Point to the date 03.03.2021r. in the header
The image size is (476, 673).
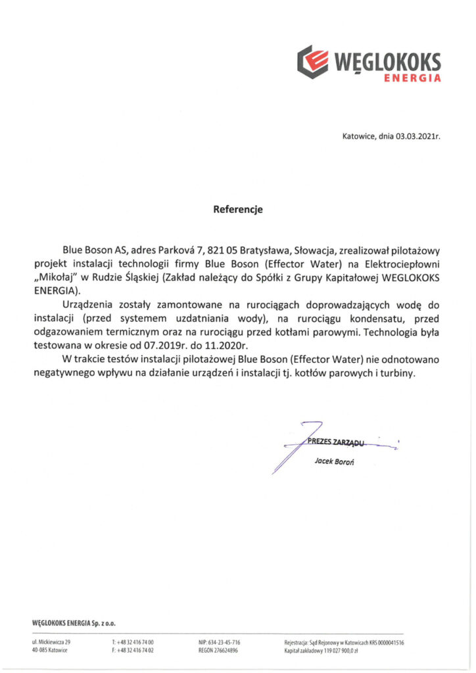pyautogui.click(x=417, y=137)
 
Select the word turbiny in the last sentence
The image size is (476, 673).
pyautogui.click(x=399, y=372)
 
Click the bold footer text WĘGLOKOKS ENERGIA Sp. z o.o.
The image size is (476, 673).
pyautogui.click(x=74, y=622)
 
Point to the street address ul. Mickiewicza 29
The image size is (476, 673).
pyautogui.click(x=51, y=641)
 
